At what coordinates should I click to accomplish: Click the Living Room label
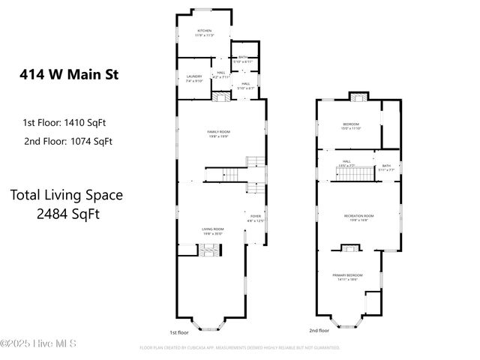[x=212, y=230]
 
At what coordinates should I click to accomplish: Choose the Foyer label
[x=256, y=217]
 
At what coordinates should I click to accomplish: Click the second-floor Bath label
[x=386, y=167]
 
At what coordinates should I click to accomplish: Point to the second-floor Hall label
[x=346, y=162]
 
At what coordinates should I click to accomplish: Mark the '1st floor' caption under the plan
[x=179, y=331]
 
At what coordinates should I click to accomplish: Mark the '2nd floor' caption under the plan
[x=319, y=331]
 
